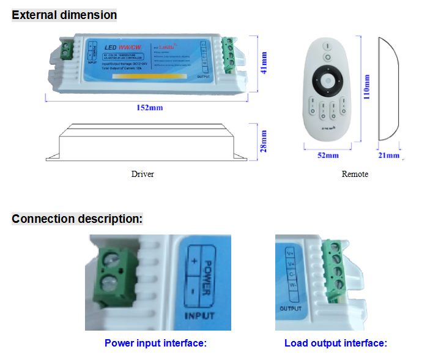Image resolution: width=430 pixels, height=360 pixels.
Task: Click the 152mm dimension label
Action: click(x=149, y=108)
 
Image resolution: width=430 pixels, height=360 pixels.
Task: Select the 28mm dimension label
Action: click(x=264, y=141)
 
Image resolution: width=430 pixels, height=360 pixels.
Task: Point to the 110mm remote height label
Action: click(x=367, y=88)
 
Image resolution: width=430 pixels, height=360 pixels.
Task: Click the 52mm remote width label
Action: click(x=328, y=156)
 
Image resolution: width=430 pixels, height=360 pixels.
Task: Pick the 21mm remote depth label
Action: click(x=389, y=156)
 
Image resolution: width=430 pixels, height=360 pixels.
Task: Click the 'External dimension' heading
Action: click(x=64, y=14)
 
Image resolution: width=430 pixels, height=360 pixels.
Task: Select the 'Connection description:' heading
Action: click(x=77, y=219)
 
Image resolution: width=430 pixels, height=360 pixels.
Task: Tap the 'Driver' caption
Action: click(x=143, y=174)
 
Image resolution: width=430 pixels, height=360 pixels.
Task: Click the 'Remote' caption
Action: click(x=355, y=174)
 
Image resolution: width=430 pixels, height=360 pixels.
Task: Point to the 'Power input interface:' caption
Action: click(x=156, y=343)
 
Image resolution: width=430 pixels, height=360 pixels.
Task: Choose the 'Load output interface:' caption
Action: click(x=336, y=343)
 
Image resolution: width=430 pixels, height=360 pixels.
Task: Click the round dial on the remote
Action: click(x=328, y=81)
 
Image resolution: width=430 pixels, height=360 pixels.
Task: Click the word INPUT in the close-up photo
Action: click(x=199, y=316)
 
